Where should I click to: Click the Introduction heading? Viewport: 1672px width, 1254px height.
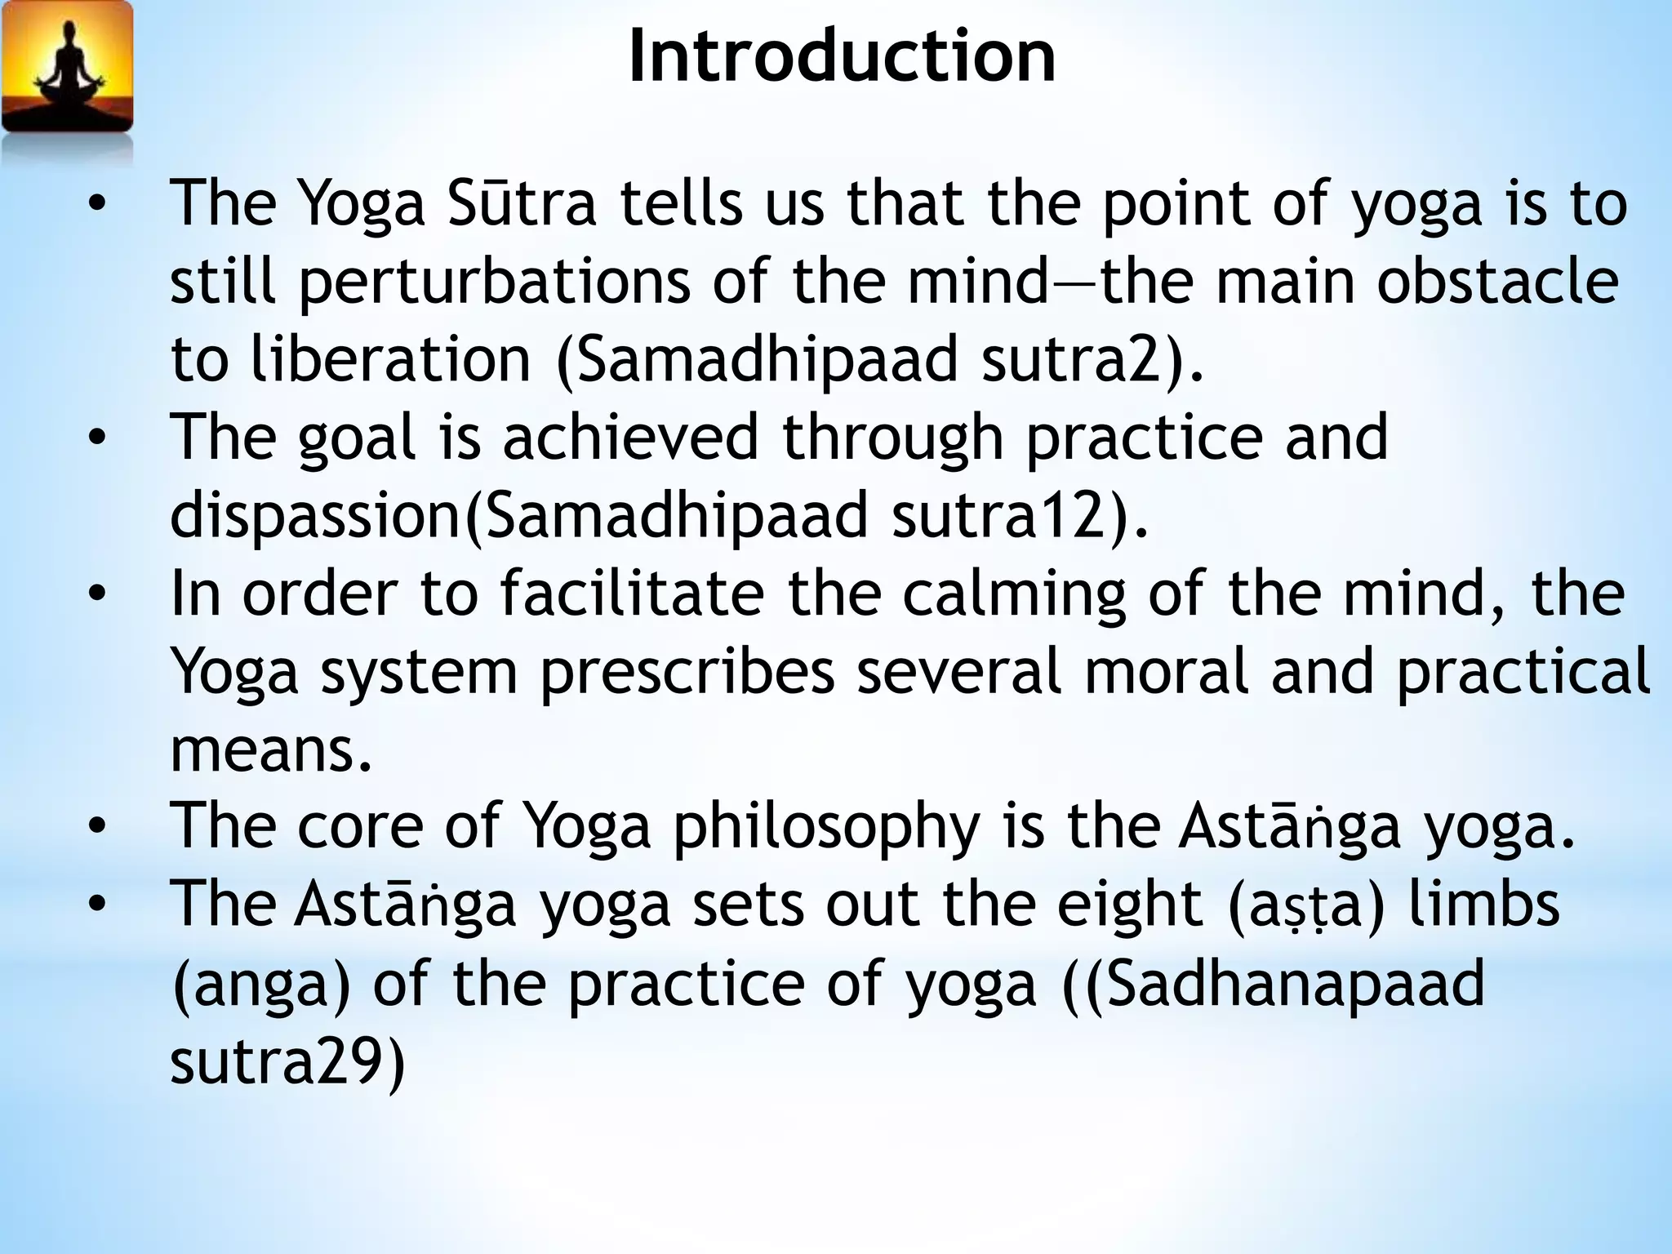pyautogui.click(x=842, y=56)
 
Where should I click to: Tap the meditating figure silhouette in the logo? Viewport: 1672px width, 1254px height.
pyautogui.click(x=67, y=69)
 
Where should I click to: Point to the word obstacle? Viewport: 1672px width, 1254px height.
pyautogui.click(x=1497, y=282)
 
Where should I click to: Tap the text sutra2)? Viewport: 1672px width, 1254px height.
pyautogui.click(x=1092, y=360)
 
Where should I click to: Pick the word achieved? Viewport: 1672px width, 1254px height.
pyautogui.click(x=630, y=438)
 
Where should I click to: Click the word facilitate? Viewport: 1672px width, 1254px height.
pyautogui.click(x=632, y=594)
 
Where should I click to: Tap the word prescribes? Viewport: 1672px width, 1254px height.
pyautogui.click(x=687, y=672)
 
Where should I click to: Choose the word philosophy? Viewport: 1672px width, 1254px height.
pyautogui.click(x=825, y=827)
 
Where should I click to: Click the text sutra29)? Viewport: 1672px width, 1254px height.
pyautogui.click(x=287, y=1061)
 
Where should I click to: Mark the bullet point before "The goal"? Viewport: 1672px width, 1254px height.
pyautogui.click(x=97, y=438)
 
